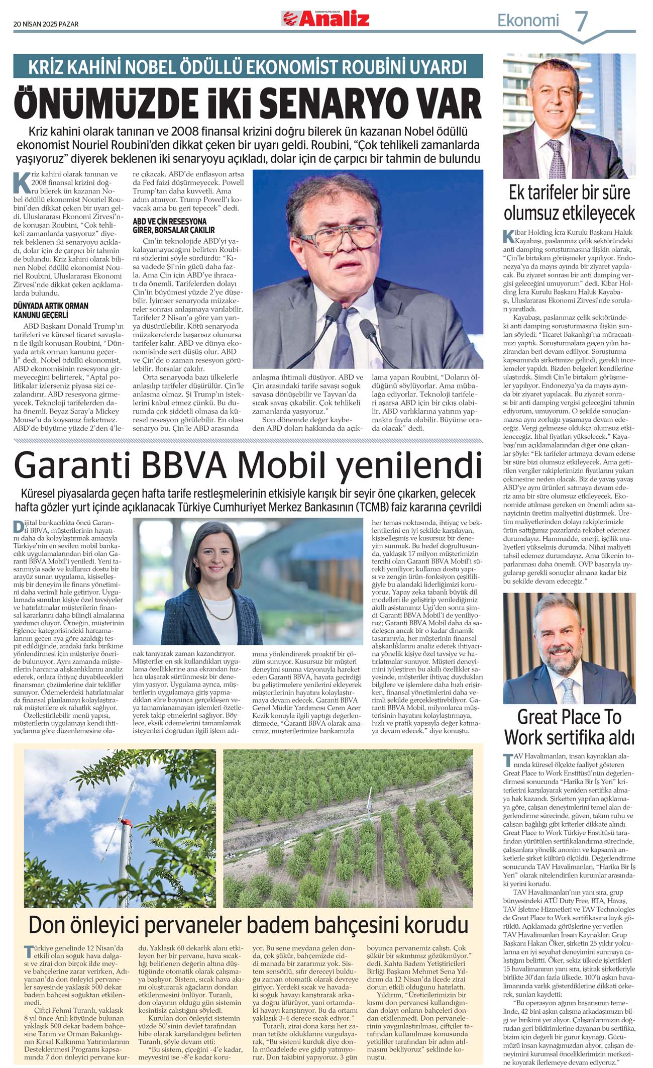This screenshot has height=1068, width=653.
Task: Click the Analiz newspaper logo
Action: pos(325,19)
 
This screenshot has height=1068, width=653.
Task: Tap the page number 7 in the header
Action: pos(581,21)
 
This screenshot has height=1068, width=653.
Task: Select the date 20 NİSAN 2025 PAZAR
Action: pos(46,24)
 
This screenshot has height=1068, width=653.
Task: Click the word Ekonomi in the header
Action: pos(528,21)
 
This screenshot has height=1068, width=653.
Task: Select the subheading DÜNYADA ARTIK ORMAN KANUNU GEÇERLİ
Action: pos(50,310)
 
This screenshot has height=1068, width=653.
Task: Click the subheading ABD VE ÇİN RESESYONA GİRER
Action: pos(169,225)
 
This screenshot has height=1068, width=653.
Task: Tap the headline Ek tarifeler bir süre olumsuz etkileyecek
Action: pos(569,203)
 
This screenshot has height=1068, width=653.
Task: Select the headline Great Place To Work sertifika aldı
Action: pos(569,727)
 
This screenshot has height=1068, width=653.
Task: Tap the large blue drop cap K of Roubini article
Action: pos(22,183)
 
